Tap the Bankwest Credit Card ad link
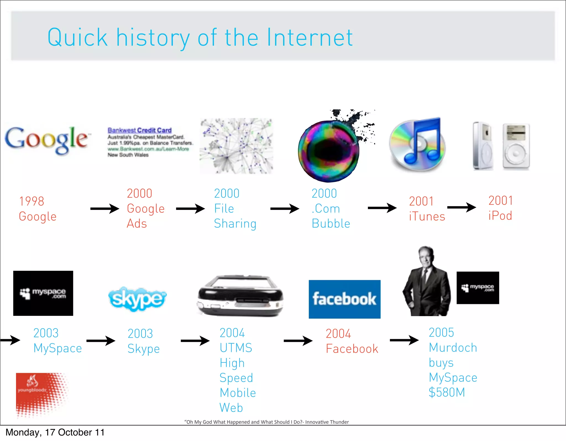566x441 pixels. tap(140, 130)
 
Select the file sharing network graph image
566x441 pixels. tap(236, 146)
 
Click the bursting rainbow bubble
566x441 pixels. tap(329, 151)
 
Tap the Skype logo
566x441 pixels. tap(137, 299)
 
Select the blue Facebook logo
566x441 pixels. tap(344, 299)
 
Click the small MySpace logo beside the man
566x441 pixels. tap(478, 288)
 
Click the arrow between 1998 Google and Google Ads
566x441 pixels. tap(105, 208)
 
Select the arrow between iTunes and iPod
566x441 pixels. tap(461, 207)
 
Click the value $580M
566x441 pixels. tap(447, 392)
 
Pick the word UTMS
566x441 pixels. tap(236, 348)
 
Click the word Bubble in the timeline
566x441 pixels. tap(331, 223)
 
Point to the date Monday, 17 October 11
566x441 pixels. tap(55, 432)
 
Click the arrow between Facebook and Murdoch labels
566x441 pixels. tap(404, 340)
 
